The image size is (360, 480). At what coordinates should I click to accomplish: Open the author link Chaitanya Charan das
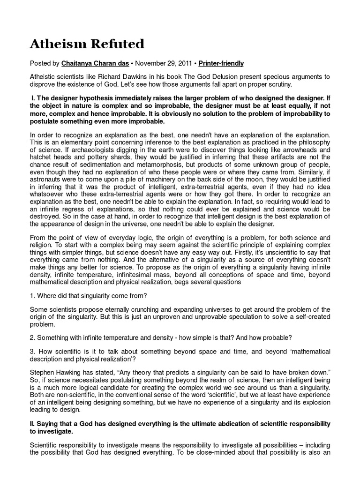point(100,63)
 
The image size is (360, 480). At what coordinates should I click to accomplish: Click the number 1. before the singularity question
point(32,295)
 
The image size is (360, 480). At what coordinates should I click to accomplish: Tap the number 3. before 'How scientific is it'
point(32,352)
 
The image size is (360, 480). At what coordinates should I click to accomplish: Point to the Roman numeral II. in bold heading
point(32,424)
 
